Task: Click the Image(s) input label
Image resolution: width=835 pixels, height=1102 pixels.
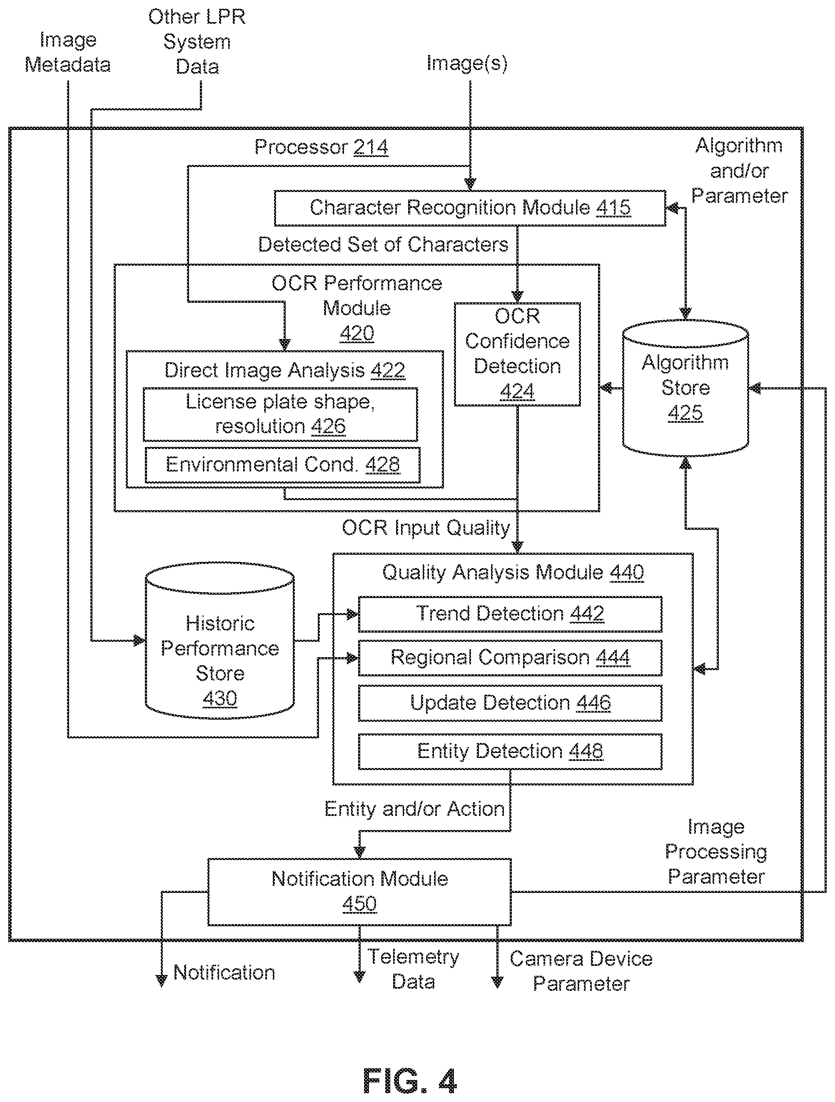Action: (467, 63)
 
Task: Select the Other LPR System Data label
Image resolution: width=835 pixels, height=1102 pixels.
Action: (197, 42)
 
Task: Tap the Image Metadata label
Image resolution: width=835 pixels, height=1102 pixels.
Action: (68, 52)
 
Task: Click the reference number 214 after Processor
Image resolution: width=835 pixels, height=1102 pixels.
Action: (371, 147)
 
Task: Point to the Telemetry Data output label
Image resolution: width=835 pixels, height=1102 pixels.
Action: (413, 969)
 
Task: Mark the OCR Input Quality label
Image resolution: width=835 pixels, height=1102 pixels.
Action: (426, 528)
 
